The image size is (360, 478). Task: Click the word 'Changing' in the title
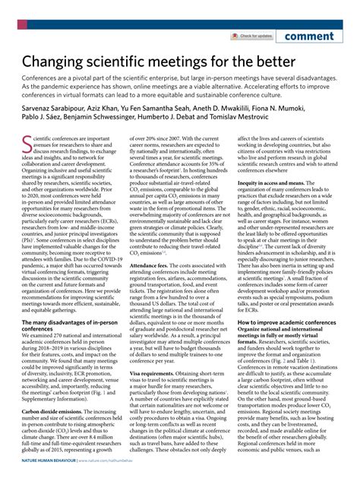(61, 60)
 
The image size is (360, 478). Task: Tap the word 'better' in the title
(274, 60)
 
